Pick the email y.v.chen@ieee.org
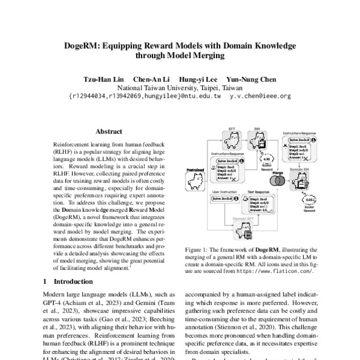pos(260,95)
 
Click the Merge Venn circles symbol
pos(278,181)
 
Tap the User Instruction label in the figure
pos(224,192)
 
